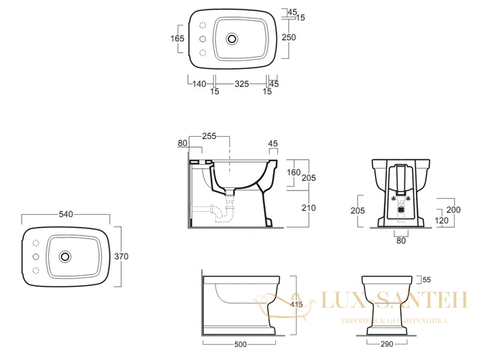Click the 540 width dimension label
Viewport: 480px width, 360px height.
(x=66, y=214)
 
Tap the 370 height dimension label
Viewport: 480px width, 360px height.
(x=121, y=256)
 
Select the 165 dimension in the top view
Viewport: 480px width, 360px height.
(x=177, y=38)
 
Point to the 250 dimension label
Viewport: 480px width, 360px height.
(x=289, y=37)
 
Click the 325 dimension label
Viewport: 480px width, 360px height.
(x=242, y=83)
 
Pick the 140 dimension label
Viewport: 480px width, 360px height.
(x=199, y=83)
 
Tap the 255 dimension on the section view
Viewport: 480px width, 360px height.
(x=209, y=136)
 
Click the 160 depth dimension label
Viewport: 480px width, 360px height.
(x=293, y=172)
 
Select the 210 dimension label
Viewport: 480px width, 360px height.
(x=308, y=208)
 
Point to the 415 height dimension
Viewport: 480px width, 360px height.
(x=296, y=304)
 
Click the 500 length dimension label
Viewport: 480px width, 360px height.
(x=241, y=344)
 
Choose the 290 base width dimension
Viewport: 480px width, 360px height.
(x=386, y=344)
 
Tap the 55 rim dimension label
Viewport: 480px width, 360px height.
(x=427, y=280)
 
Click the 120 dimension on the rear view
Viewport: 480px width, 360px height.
(x=442, y=220)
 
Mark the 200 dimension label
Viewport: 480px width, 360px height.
(x=454, y=209)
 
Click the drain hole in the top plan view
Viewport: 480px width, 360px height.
(x=232, y=39)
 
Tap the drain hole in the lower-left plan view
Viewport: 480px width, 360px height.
(x=65, y=256)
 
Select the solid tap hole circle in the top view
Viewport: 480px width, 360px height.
(x=202, y=39)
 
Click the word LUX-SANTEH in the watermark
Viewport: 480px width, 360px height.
(x=394, y=300)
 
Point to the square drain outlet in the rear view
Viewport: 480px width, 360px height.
(x=401, y=209)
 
